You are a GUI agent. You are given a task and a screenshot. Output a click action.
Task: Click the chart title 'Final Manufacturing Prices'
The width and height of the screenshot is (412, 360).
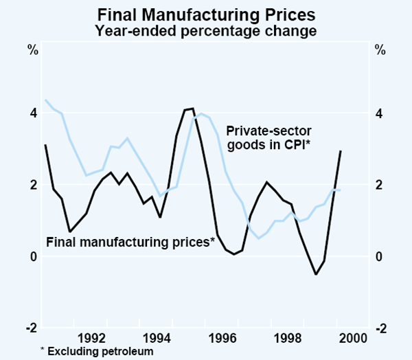pyautogui.click(x=205, y=14)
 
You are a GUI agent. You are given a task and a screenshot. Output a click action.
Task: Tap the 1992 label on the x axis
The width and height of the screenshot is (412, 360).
pyautogui.click(x=93, y=337)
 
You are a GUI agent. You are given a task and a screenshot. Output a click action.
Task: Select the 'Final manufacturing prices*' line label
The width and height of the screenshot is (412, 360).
pyautogui.click(x=130, y=241)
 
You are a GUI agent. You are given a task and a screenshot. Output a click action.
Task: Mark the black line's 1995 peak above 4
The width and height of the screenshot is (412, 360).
pyautogui.click(x=192, y=109)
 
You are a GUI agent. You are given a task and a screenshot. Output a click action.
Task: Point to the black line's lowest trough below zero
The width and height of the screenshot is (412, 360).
pyautogui.click(x=316, y=274)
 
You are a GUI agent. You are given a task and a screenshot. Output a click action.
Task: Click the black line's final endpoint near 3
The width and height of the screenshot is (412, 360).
pyautogui.click(x=341, y=152)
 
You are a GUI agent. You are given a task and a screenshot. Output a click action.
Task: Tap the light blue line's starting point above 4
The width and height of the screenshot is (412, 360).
pyautogui.click(x=45, y=100)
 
